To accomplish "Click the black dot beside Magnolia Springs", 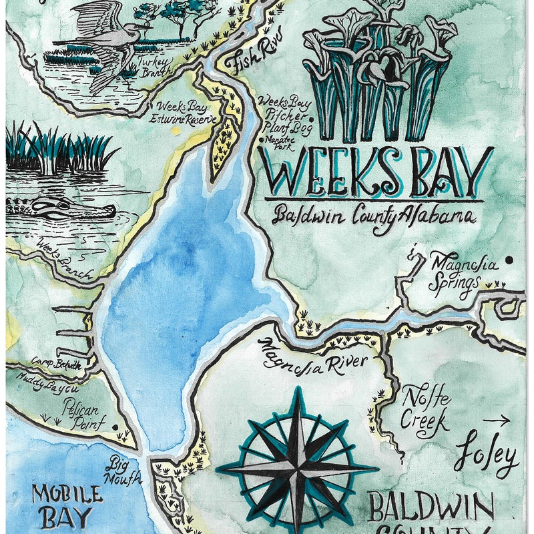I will tap(509, 260).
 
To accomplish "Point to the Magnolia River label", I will tap(314, 357).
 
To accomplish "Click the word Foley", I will tap(487, 458).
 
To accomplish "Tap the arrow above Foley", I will tap(495, 421).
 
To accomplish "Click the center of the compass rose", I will tap(296, 468).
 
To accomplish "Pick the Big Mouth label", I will tap(123, 471).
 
